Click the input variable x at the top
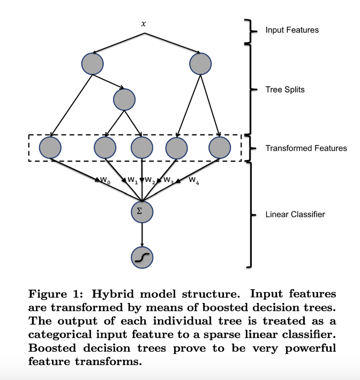point(143,25)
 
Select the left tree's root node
point(92,64)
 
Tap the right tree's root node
point(200,64)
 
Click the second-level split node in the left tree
point(124,100)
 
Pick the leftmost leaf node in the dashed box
point(50,148)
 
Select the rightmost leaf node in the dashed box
point(219,148)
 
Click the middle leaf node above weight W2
point(142,148)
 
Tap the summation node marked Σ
point(141,211)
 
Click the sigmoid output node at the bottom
point(141,257)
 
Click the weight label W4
point(194,180)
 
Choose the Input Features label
point(291,30)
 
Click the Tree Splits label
point(284,89)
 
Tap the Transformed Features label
point(306,148)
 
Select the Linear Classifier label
point(295,215)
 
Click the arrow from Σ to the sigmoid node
point(141,233)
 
